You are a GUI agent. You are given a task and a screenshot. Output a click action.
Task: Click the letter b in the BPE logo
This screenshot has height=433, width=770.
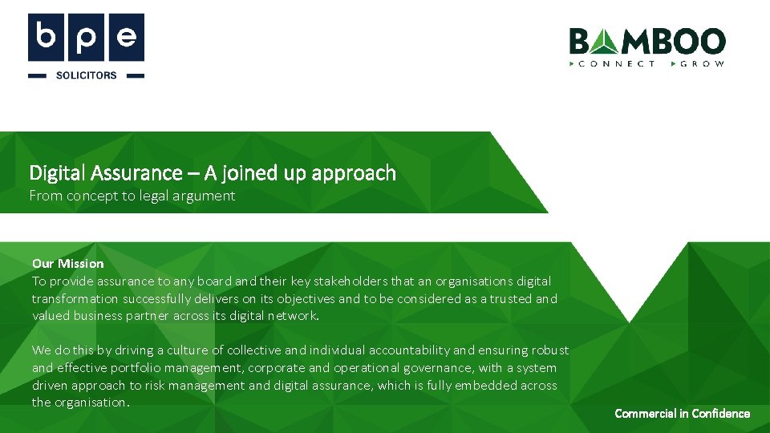pyautogui.click(x=47, y=38)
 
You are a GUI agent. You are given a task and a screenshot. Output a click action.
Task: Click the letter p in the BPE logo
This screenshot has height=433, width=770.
pyautogui.click(x=86, y=38)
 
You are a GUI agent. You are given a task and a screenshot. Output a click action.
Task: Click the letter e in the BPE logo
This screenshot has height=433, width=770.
pyautogui.click(x=125, y=38)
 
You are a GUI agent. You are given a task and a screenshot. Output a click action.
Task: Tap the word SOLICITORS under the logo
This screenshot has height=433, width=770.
pyautogui.click(x=86, y=75)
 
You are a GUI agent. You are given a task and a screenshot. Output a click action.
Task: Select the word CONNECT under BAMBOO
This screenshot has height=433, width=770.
pyautogui.click(x=617, y=63)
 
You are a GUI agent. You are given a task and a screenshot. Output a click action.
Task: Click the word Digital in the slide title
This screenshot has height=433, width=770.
pyautogui.click(x=54, y=173)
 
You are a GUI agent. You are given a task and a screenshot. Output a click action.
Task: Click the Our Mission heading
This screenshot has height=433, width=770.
pyautogui.click(x=68, y=263)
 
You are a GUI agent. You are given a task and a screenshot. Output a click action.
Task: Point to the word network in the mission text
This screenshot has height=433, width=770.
pyautogui.click(x=294, y=315)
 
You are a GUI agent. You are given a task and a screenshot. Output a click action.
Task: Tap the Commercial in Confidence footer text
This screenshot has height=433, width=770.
pyautogui.click(x=682, y=414)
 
